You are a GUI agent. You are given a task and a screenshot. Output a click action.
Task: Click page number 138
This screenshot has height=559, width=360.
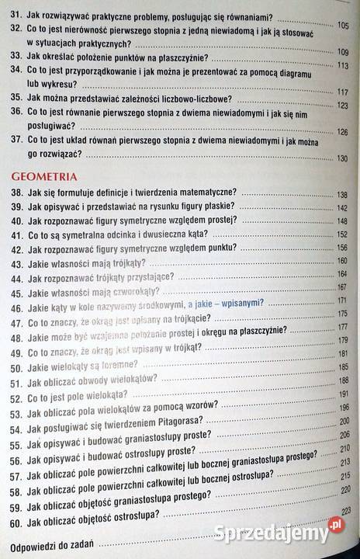(343, 193)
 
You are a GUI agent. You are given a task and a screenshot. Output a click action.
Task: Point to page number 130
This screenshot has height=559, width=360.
(344, 158)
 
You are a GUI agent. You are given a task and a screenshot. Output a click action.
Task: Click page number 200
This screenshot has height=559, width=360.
(344, 420)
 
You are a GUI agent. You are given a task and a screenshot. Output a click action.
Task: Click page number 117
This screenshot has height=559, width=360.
(344, 92)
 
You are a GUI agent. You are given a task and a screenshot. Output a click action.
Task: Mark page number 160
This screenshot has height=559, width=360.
(343, 265)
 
